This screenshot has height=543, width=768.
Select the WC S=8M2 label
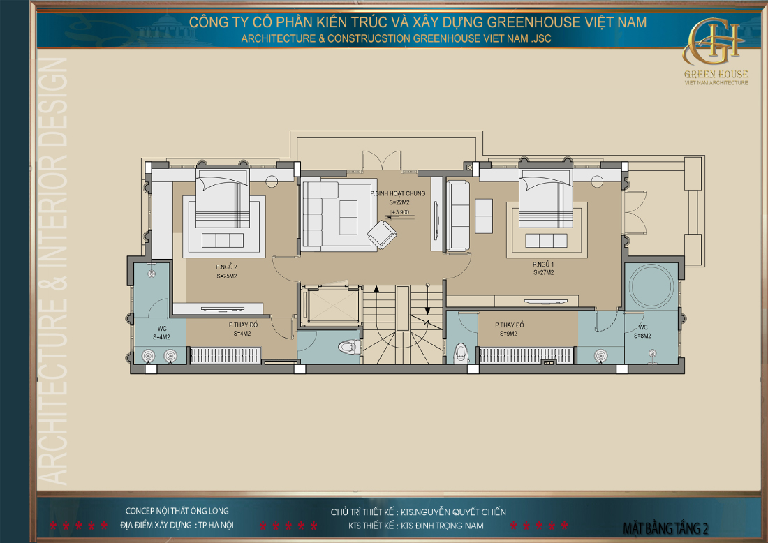[642, 332]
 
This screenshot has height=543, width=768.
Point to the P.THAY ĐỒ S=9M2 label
[509, 329]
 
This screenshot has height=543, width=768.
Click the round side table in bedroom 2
[272, 181]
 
